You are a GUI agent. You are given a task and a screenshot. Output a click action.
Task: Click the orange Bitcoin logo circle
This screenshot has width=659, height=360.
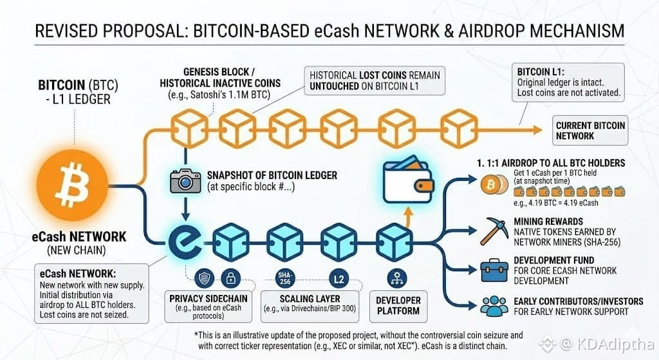point(72,185)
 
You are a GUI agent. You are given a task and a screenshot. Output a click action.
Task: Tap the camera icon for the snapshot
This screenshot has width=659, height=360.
point(185,181)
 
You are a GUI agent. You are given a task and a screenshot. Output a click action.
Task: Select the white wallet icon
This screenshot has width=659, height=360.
point(408,180)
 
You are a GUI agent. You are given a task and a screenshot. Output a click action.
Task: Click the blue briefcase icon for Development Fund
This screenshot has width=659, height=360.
point(494,270)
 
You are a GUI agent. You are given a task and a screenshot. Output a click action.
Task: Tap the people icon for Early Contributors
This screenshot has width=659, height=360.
point(494,306)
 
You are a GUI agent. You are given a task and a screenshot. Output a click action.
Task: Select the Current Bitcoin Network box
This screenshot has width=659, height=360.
point(590,130)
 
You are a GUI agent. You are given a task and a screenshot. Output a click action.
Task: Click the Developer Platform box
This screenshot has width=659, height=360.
point(398,306)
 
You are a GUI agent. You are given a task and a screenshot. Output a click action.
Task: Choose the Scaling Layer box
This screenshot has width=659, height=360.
point(310,306)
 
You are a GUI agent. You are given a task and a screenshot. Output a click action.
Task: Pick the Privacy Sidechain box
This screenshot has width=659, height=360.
point(209,306)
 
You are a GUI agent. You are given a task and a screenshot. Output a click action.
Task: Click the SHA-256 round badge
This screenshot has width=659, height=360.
point(285,278)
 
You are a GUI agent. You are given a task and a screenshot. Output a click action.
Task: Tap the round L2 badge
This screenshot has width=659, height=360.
point(339,279)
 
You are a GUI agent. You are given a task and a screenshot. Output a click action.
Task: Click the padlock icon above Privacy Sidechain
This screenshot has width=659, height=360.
point(231,278)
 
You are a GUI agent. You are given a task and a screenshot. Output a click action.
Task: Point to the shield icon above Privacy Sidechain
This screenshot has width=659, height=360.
point(204,278)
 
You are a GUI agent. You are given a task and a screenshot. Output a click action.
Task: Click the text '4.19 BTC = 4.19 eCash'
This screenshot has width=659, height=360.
point(555,203)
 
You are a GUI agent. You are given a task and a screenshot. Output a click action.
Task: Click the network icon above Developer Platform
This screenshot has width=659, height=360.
point(397,278)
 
